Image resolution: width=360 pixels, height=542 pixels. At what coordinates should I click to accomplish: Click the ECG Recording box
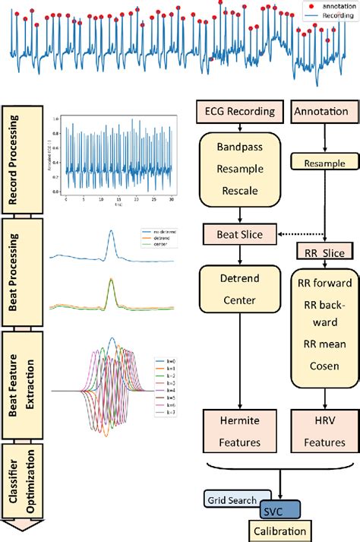point(239,112)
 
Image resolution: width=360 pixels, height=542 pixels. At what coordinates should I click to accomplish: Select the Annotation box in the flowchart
point(322,112)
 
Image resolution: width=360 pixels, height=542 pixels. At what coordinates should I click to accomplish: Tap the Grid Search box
point(236,499)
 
